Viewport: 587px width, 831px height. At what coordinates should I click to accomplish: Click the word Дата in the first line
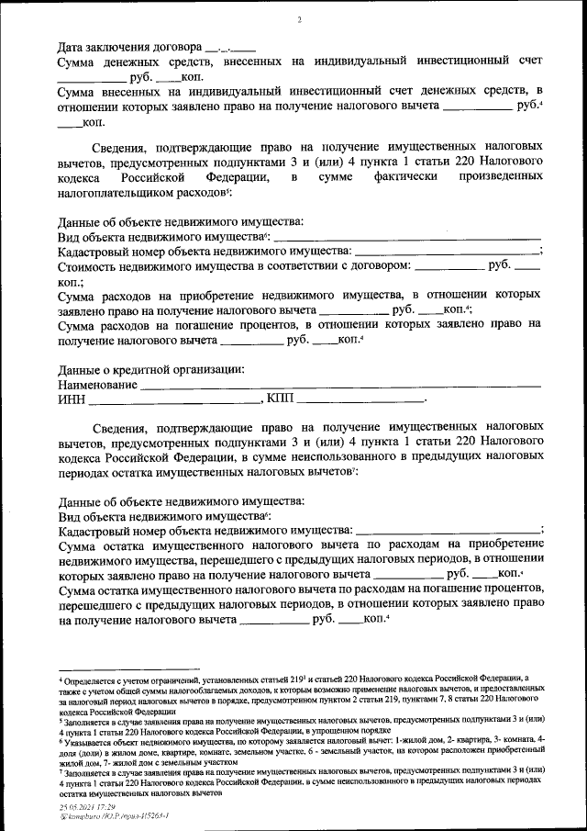tap(72, 46)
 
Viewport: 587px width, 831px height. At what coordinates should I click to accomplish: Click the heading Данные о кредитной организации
tap(151, 369)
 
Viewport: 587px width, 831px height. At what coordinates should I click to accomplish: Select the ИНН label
tap(71, 400)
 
